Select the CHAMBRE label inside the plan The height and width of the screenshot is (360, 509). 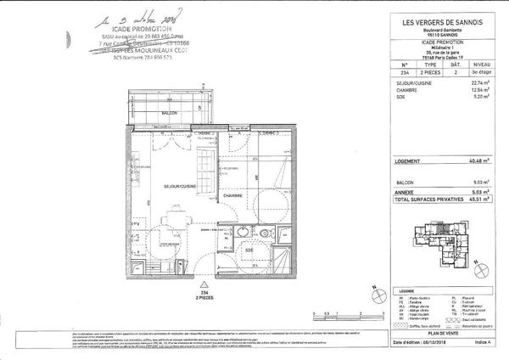[x=233, y=195]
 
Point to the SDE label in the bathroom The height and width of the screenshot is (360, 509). [x=249, y=250]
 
